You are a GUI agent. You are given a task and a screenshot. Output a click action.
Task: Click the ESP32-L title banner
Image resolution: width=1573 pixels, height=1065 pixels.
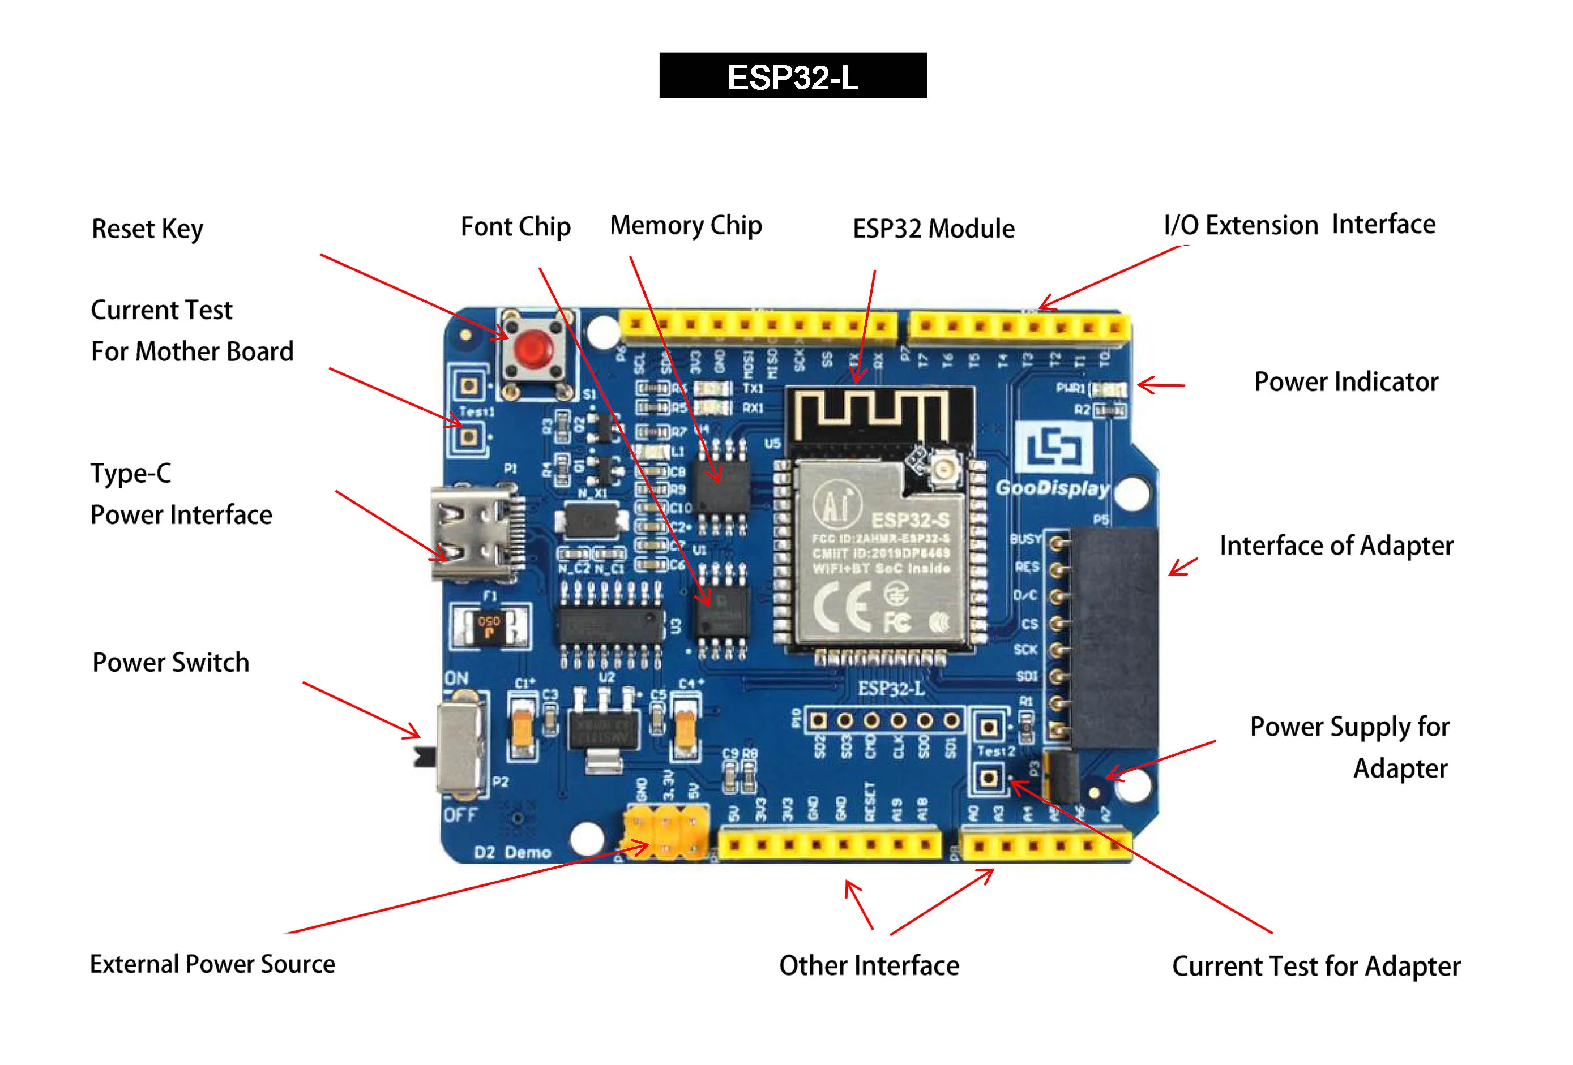point(793,76)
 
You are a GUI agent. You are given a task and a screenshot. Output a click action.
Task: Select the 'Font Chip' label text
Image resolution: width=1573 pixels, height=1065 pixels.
point(515,227)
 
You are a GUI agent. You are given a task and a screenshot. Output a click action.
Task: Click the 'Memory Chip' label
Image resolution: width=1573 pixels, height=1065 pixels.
point(686,226)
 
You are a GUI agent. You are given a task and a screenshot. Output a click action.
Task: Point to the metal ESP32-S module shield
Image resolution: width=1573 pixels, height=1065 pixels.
point(880,551)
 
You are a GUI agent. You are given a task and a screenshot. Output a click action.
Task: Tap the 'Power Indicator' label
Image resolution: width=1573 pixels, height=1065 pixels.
point(1345,381)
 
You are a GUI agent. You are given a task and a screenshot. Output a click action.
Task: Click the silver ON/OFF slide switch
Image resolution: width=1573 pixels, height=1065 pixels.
point(460,746)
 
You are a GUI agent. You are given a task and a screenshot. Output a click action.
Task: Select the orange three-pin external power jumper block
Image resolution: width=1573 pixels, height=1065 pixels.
point(666,832)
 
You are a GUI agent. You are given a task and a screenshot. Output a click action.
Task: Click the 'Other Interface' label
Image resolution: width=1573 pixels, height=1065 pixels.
point(869,965)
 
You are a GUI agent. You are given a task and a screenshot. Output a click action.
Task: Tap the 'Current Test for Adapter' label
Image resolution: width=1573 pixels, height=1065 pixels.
point(1315,966)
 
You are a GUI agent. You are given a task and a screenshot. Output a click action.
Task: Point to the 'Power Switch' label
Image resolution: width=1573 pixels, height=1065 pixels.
point(170,663)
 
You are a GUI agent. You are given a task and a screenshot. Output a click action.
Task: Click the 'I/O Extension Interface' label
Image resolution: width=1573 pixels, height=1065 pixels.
point(1299,225)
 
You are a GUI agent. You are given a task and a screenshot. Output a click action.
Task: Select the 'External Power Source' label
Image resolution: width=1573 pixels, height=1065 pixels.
point(212,964)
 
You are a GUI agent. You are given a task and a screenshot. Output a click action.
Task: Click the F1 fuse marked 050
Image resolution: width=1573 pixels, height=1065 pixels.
point(490,626)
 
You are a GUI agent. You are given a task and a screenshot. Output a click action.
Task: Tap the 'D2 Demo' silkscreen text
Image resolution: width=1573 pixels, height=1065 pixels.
point(512,852)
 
